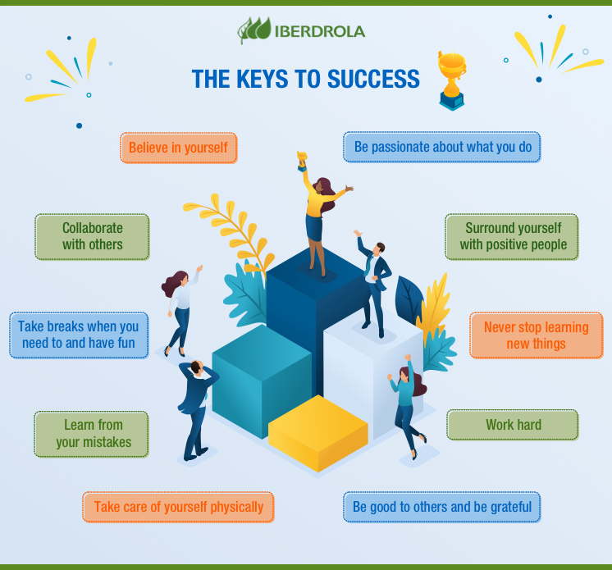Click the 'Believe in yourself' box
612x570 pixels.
click(178, 148)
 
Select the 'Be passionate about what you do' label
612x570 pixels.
click(442, 148)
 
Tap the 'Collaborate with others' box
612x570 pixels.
click(92, 236)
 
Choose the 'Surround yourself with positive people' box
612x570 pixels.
click(513, 236)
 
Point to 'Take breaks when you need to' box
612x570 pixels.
click(79, 335)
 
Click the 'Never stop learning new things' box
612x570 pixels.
click(536, 335)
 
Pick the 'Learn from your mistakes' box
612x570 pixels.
click(93, 434)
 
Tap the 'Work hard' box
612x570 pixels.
click(513, 425)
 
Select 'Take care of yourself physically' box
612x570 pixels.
click(178, 507)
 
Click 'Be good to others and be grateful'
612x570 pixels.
click(442, 507)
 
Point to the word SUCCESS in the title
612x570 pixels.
click(374, 80)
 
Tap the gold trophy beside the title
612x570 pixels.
click(451, 80)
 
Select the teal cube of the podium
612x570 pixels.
click(261, 377)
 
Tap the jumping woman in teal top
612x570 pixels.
click(405, 402)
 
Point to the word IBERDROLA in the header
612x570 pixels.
click(320, 31)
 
